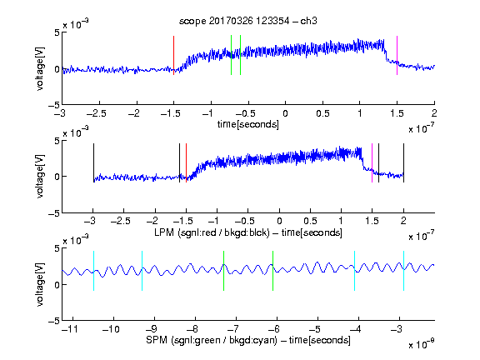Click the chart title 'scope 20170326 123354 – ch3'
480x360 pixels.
pos(248,21)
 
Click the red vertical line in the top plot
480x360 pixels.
pos(173,55)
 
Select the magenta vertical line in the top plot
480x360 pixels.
pos(397,55)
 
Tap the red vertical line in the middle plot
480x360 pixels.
pos(186,162)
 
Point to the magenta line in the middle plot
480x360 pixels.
pos(372,162)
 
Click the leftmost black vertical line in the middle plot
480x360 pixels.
pos(93,162)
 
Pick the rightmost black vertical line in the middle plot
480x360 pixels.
pos(403,162)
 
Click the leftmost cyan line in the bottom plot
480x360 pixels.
pos(93,271)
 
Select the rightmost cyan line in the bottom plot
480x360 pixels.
pos(403,271)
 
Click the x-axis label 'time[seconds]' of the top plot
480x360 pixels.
pos(248,124)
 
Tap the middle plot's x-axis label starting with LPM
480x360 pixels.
pos(248,232)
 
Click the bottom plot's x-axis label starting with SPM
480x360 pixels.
pos(248,340)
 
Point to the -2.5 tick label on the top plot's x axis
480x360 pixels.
pos(97,113)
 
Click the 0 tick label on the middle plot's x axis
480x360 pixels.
pos(279,221)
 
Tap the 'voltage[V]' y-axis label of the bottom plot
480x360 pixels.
pos(40,284)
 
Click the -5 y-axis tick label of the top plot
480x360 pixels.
pos(54,105)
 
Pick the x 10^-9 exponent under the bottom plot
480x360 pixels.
pos(421,344)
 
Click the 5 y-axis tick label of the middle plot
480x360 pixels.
pos(57,141)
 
